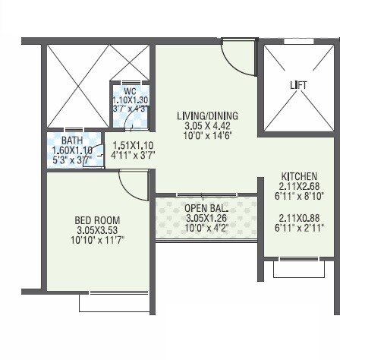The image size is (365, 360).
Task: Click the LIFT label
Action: coord(297,85)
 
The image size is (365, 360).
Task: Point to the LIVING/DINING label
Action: coord(207,116)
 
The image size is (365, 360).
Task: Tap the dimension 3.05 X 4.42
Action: coord(207,127)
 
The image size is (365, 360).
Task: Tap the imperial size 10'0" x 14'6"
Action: coord(207,137)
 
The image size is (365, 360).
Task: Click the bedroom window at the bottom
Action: coord(113,302)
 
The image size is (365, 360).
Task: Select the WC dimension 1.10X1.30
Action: coord(130,99)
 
